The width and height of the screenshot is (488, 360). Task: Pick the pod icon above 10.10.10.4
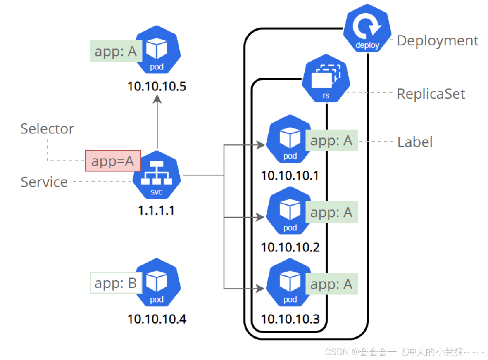coord(157,283)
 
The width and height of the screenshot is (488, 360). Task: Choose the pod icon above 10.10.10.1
coord(290,140)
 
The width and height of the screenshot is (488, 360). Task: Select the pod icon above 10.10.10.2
coord(290,212)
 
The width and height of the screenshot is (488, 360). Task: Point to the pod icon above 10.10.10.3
coord(290,284)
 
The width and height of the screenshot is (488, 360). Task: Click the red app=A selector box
coord(113,161)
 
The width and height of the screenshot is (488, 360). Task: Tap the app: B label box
coord(116,283)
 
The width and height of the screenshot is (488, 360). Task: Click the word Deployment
coord(437,40)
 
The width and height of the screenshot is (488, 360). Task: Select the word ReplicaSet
coord(431,94)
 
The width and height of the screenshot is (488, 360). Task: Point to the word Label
coord(414,142)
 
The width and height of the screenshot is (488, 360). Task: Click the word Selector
coord(47,128)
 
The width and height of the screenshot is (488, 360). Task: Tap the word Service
coord(44,182)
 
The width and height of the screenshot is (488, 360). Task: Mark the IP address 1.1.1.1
coord(156,211)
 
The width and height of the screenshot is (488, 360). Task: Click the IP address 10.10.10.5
coord(157,86)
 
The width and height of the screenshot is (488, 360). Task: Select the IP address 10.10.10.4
coord(157,319)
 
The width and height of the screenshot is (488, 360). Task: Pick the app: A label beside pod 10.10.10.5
coord(115,51)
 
